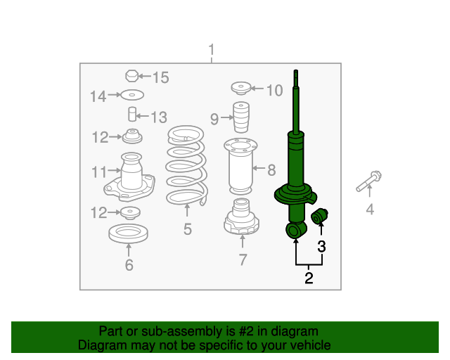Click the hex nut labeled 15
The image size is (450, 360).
[131, 76]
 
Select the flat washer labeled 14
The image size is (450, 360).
[132, 95]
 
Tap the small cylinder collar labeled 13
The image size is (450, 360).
[132, 115]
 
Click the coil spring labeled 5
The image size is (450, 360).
[186, 166]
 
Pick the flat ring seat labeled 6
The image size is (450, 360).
[128, 233]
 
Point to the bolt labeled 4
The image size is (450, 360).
[368, 181]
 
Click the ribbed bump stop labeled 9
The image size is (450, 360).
[241, 117]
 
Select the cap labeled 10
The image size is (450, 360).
[241, 89]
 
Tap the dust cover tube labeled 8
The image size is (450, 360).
[240, 167]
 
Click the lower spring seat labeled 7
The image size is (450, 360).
[241, 217]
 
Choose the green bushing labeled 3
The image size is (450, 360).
[319, 217]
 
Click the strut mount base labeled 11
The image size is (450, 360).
[129, 177]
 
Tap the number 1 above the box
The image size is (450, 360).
[212, 50]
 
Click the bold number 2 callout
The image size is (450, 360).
[309, 278]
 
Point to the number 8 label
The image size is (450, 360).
[271, 170]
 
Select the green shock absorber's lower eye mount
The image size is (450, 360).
[295, 230]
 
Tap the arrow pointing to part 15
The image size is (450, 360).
[145, 77]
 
